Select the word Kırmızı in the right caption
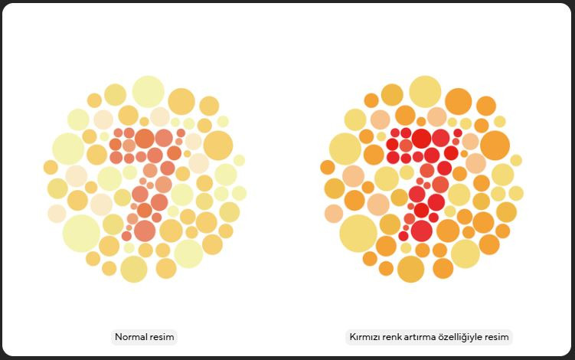368,336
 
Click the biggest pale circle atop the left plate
149,91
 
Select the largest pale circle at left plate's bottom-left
81,233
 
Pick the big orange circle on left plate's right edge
218,146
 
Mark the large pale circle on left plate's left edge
68,149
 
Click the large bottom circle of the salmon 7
145,230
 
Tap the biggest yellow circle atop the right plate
425,91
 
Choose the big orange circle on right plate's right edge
495,146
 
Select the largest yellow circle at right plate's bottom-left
358,233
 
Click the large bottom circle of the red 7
421,230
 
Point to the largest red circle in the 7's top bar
421,139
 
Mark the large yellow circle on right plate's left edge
345,149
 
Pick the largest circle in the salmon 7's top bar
145,139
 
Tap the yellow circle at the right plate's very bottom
410,269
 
